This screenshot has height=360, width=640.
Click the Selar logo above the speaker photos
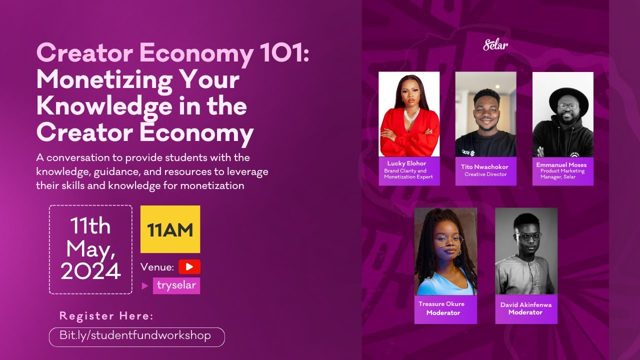tap(495, 45)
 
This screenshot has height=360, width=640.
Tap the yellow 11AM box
tap(170, 229)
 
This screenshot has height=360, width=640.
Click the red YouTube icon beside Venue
tap(189, 267)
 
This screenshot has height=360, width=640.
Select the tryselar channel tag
tap(176, 285)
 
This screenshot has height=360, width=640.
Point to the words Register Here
tap(106, 316)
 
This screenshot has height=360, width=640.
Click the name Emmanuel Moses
tap(562, 164)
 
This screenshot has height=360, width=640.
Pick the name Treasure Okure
tap(441, 304)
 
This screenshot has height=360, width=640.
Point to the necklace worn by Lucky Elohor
tap(411, 117)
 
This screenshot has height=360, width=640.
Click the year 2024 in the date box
tap(91, 271)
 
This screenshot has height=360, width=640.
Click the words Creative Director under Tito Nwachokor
tap(485, 174)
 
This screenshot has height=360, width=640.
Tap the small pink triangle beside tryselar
tap(145, 286)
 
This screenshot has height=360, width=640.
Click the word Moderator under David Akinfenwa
tap(525, 312)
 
